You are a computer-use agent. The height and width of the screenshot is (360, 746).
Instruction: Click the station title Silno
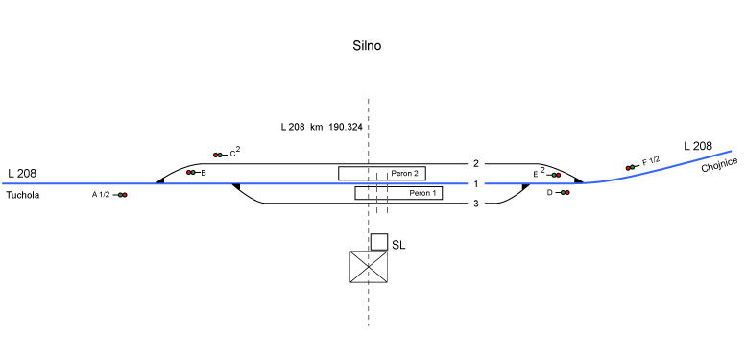point(367,46)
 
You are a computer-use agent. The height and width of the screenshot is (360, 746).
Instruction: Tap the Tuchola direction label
point(23,195)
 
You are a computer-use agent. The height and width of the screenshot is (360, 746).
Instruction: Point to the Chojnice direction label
point(719,164)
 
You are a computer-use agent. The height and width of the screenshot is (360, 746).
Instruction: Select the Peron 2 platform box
point(382,174)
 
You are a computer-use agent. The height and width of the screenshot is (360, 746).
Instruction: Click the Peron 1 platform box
point(398,193)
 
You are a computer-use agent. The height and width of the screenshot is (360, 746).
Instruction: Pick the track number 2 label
point(476,164)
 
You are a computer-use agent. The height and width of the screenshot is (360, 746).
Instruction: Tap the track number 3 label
point(476,204)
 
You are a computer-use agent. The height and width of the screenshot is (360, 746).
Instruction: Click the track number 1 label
point(476,184)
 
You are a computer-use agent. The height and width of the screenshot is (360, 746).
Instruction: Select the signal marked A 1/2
point(120,195)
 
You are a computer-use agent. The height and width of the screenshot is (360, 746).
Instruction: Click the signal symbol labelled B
point(193,172)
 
